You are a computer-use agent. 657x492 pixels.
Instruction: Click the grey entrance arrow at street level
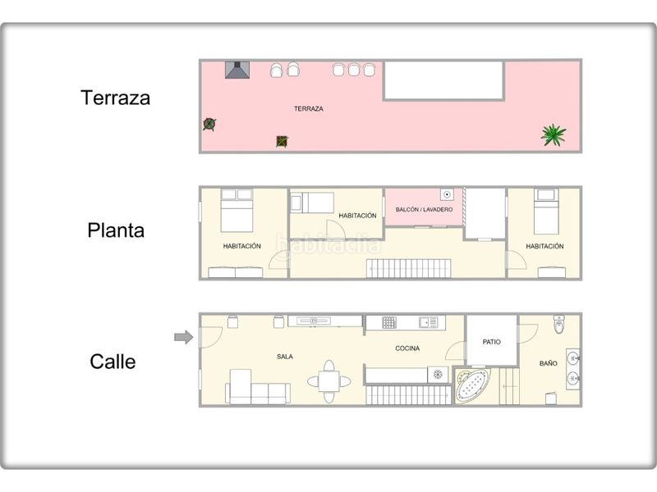coord(183,337)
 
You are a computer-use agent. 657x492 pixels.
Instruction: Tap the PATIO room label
coord(491,342)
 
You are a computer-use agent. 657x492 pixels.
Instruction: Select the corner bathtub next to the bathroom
coord(473,385)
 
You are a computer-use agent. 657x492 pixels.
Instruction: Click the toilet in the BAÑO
coord(559,324)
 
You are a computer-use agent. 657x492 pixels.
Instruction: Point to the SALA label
coord(285,357)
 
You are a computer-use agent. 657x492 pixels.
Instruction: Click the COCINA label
coord(407,348)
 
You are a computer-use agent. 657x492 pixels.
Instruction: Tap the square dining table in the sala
coord(329,381)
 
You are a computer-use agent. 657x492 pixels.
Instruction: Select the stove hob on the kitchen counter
coord(388,322)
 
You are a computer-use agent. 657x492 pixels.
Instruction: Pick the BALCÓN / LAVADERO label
coord(424,209)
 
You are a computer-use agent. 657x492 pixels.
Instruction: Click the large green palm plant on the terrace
coord(553,134)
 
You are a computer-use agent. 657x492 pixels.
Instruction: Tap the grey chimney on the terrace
coord(237,70)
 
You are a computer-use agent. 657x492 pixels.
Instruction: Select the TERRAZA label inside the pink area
coord(309,109)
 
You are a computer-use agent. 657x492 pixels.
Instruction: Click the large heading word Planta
coord(116,230)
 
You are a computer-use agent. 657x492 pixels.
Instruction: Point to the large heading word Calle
coord(113,362)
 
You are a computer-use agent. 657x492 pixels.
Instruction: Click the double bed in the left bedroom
coord(237,211)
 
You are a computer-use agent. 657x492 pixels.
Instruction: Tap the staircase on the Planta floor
coord(408,269)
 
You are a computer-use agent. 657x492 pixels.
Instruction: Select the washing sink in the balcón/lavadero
coord(447,194)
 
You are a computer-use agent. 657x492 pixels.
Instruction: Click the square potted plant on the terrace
coord(282,141)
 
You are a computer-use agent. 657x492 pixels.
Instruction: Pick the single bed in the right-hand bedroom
coord(546,212)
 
